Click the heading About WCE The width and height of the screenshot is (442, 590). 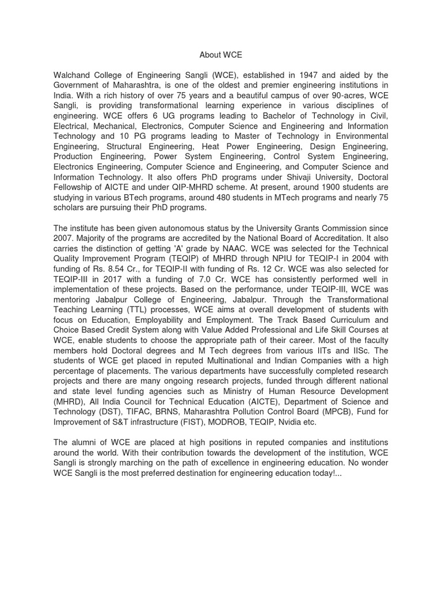point(220,55)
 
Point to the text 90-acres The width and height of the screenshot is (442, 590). point(347,96)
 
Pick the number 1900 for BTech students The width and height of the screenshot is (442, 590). point(314,187)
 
